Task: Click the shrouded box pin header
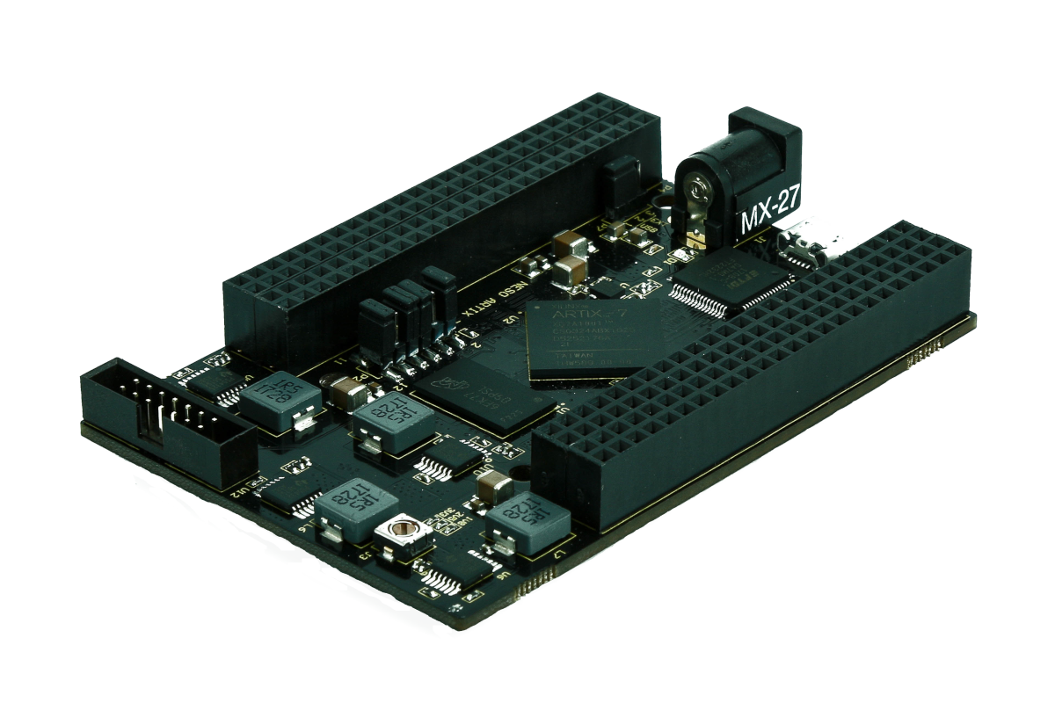167,413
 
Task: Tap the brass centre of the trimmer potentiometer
404,529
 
